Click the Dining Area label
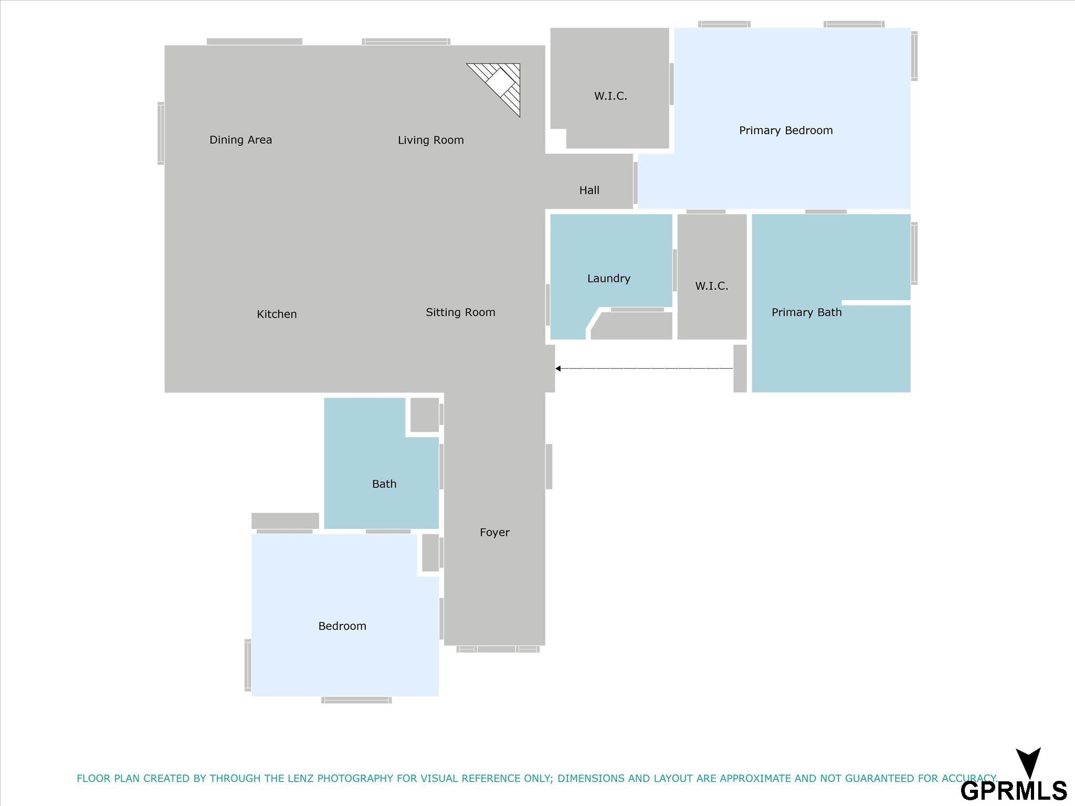point(240,140)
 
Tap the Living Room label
point(430,140)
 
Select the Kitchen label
point(277,314)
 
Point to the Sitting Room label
point(460,312)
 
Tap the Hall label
point(589,190)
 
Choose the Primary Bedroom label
point(786,131)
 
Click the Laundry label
point(608,279)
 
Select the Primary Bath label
point(806,312)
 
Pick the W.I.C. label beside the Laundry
point(711,286)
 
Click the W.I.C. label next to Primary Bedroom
point(610,96)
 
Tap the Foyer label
point(494,533)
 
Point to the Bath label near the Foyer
point(384,484)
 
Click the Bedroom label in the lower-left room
point(342,626)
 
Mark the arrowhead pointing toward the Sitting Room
point(558,368)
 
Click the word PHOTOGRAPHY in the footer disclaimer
point(355,778)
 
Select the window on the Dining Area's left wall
point(161,133)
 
